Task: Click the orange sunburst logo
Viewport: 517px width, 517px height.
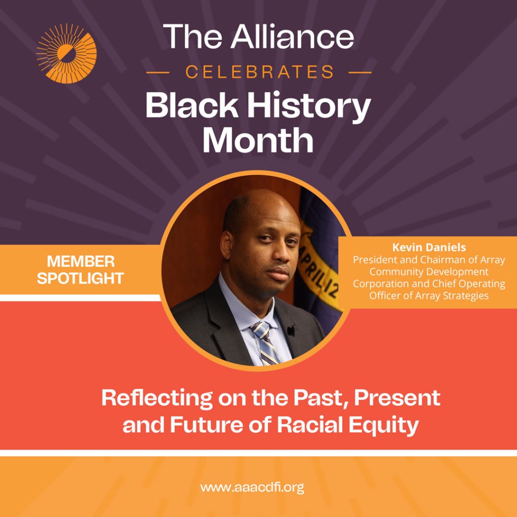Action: [67, 54]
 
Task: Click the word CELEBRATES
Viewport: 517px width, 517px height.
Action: [260, 72]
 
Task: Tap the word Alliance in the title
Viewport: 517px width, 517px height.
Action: [292, 36]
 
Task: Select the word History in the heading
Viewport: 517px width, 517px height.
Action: [309, 106]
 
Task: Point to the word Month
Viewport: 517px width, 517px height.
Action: [258, 140]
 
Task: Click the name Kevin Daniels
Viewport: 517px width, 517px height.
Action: [429, 247]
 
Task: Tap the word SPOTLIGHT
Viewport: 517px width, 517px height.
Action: [80, 278]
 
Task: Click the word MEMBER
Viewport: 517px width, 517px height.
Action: [81, 262]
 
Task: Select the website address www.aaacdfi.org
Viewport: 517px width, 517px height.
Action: [252, 487]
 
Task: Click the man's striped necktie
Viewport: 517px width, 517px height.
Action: [266, 343]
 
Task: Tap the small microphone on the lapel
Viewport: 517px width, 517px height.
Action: [291, 330]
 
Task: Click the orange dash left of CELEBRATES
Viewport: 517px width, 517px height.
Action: [158, 72]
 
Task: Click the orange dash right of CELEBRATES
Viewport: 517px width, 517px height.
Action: [360, 72]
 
